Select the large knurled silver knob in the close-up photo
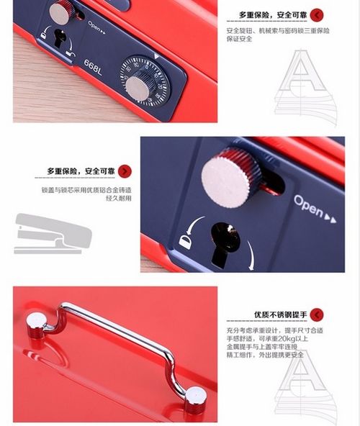[x=231, y=177]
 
